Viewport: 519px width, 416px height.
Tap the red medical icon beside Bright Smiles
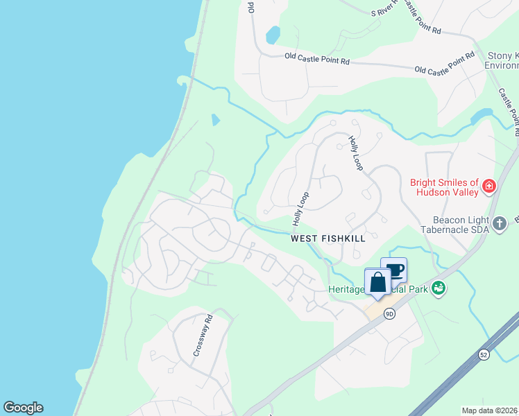click(x=489, y=186)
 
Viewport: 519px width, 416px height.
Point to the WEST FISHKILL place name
click(x=327, y=239)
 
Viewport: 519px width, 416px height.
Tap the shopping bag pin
click(x=378, y=284)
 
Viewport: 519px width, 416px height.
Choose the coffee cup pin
click(x=394, y=270)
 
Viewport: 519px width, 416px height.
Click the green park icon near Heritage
click(x=438, y=287)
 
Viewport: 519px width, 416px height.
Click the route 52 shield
click(x=484, y=354)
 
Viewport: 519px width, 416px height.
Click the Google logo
click(x=23, y=408)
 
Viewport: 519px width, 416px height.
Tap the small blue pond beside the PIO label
click(x=273, y=34)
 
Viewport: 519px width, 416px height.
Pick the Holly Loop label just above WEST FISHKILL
click(x=300, y=209)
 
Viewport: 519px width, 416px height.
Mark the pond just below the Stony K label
click(x=482, y=116)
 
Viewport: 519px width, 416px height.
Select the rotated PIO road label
click(x=251, y=7)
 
